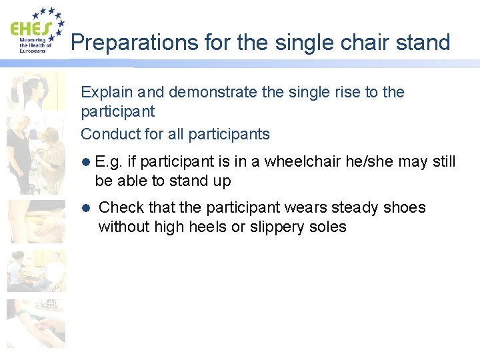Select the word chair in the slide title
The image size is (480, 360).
(364, 43)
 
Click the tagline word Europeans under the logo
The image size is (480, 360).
(33, 51)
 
